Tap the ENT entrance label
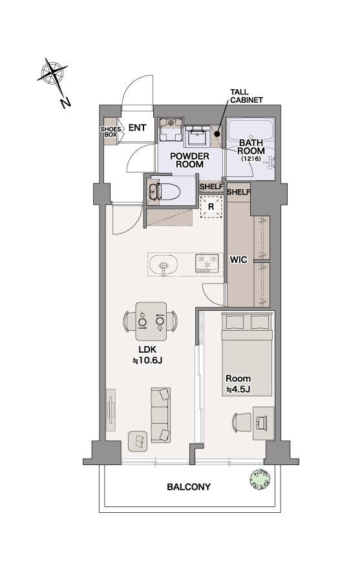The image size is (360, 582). point(137,128)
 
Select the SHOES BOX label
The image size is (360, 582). point(111,132)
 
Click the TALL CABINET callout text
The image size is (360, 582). point(246,96)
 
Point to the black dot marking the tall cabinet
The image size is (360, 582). point(219,135)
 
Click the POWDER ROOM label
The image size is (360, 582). point(189,160)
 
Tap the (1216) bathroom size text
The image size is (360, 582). point(251,158)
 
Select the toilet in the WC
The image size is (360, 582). point(164,192)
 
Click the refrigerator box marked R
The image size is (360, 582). point(211,207)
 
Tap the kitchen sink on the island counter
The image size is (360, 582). point(163,265)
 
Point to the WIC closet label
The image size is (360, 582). point(238,260)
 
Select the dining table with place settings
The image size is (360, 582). point(151,321)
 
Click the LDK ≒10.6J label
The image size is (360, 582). point(147,355)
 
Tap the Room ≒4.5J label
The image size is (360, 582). point(238,384)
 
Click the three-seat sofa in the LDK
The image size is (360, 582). point(161,415)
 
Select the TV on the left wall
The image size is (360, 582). point(111,410)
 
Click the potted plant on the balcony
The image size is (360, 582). point(260,479)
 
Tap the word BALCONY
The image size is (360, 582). point(189,486)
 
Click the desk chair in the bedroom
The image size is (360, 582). point(242,422)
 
